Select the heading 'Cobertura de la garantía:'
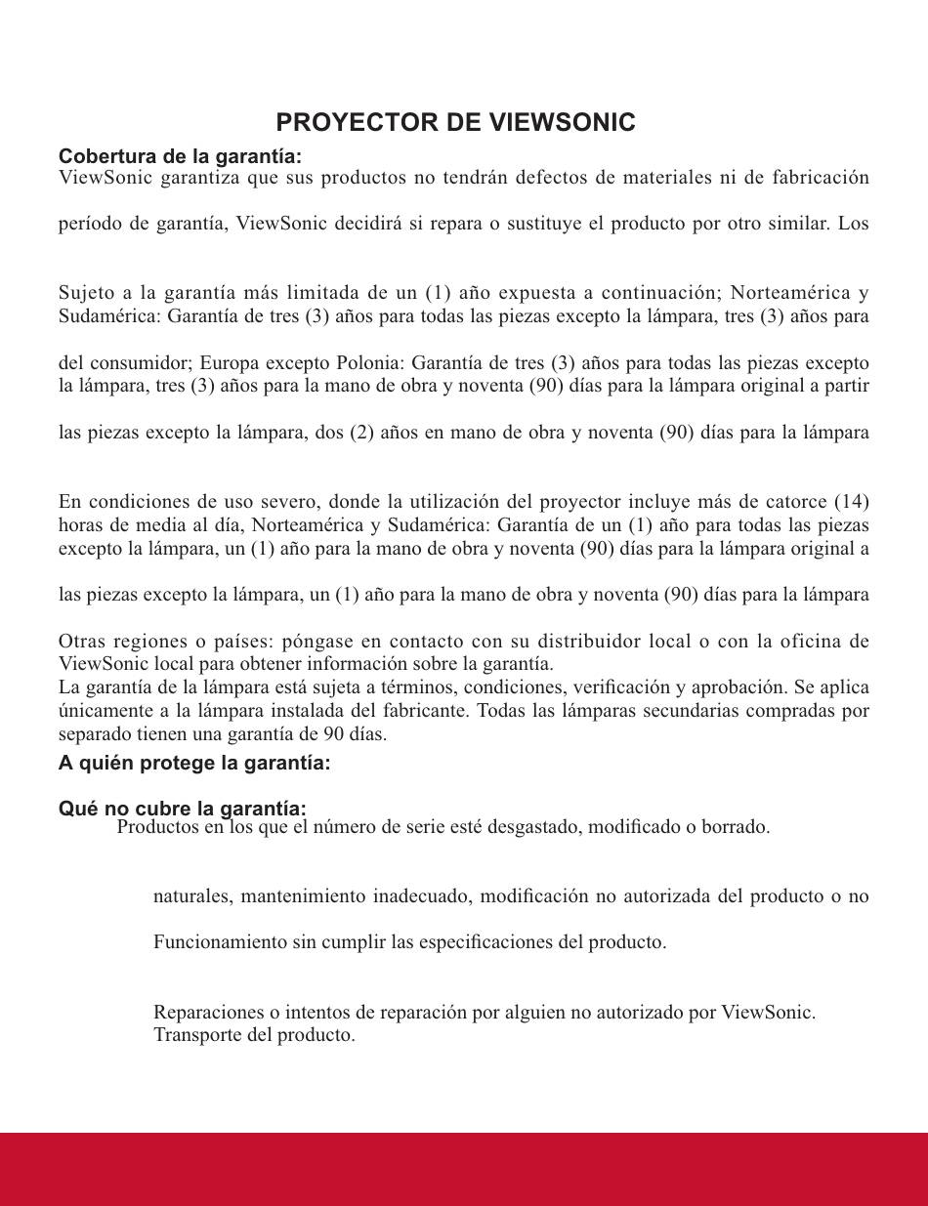coord(180,156)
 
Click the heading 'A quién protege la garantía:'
coord(194,763)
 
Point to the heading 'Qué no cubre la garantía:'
coord(183,809)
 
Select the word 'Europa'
coord(229,362)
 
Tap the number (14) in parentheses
coord(851,502)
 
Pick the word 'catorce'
coord(790,502)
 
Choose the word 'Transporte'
coord(198,1034)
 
